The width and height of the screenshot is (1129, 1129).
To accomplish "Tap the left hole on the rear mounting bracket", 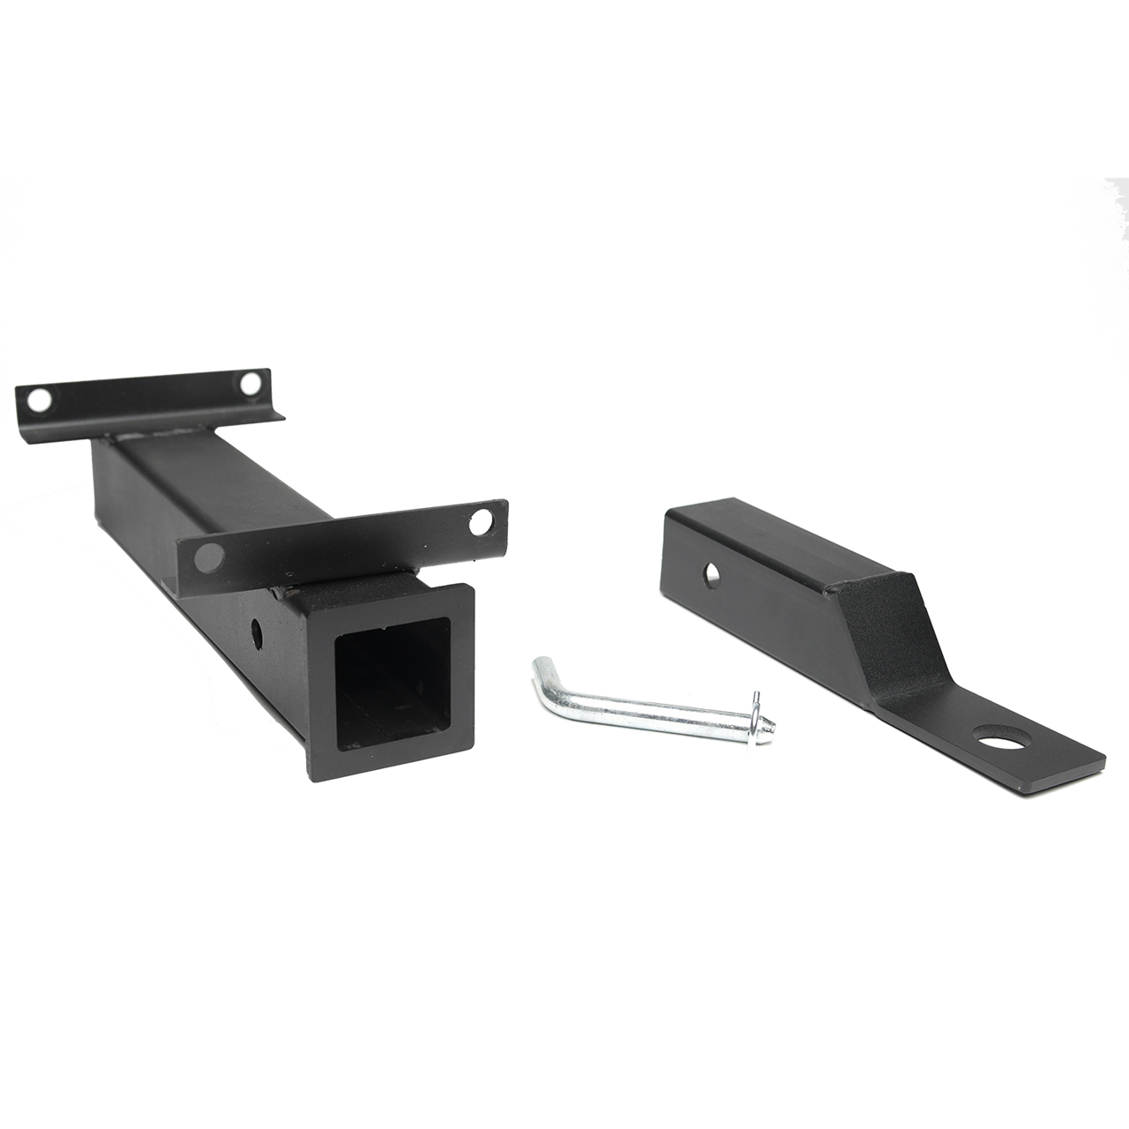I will [37, 400].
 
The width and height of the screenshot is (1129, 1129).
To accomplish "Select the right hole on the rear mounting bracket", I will [250, 384].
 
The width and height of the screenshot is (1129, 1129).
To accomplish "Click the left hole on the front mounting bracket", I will [210, 555].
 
